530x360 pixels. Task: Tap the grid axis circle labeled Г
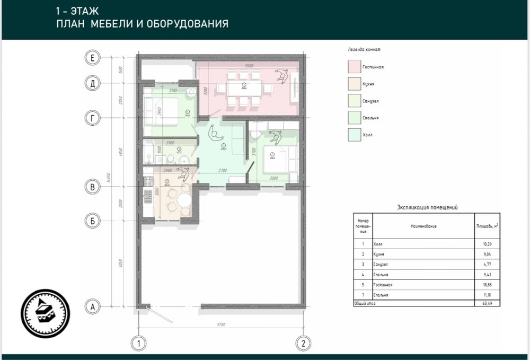(x=92, y=119)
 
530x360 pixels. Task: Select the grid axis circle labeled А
(x=92, y=306)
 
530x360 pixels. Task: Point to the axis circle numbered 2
(x=303, y=343)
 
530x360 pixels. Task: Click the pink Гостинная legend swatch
(x=354, y=67)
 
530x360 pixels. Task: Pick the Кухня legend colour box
(x=354, y=83)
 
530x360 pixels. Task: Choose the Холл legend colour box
(x=354, y=135)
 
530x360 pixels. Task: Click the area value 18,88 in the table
(x=485, y=285)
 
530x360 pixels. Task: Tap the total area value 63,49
(x=485, y=303)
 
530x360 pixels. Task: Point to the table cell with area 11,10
(x=485, y=295)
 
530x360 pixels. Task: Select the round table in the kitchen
(x=183, y=200)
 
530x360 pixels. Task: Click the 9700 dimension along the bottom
(x=221, y=323)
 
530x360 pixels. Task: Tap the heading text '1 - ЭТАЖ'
(x=77, y=11)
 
